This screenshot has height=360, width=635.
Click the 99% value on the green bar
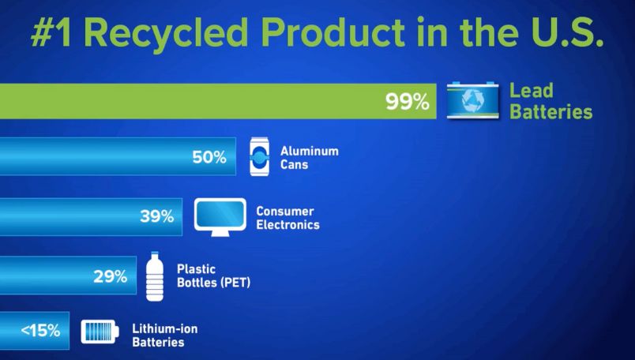[407, 101]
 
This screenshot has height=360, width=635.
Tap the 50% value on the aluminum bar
[209, 157]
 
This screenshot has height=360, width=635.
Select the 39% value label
[157, 216]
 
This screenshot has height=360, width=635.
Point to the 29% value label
[110, 276]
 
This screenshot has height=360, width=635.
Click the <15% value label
[40, 331]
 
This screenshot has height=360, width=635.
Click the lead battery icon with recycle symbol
[472, 100]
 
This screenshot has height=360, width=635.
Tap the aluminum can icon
[259, 157]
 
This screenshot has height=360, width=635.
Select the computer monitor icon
[220, 217]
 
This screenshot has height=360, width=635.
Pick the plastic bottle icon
[155, 276]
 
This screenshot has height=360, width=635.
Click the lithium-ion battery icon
[100, 332]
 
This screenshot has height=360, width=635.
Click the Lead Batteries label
[550, 101]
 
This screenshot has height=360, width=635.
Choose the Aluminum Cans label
[310, 158]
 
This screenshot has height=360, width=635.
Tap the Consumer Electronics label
[288, 218]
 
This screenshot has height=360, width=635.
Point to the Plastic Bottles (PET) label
[213, 276]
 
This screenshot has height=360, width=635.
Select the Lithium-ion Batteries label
[165, 336]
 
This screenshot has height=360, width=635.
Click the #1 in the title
[51, 32]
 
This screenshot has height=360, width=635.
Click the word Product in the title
[333, 32]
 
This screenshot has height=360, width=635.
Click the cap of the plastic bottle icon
[155, 254]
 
